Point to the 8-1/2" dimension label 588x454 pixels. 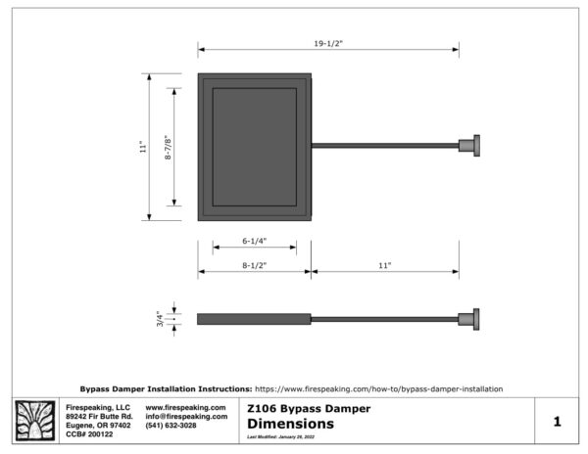click(x=254, y=265)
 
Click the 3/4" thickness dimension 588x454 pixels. click(x=161, y=318)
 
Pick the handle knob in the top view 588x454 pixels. click(x=471, y=146)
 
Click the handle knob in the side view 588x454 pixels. click(x=471, y=318)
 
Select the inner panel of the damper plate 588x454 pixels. click(x=254, y=147)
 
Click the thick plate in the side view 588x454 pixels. click(x=254, y=318)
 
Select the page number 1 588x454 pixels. click(x=556, y=422)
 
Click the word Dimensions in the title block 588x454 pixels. click(x=290, y=424)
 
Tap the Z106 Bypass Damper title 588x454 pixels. click(x=308, y=408)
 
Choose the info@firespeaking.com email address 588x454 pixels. click(x=186, y=416)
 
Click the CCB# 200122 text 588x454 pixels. click(x=89, y=433)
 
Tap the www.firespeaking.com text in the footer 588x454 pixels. click(x=185, y=407)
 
